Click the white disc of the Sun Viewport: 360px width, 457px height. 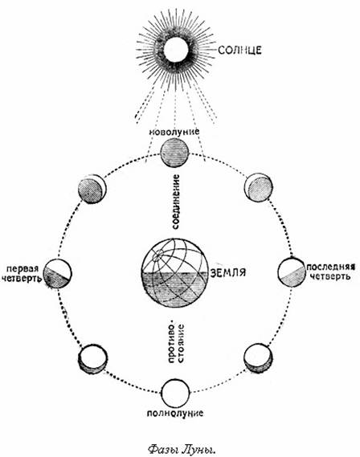(x=175, y=50)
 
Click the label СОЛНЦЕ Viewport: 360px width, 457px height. (x=239, y=50)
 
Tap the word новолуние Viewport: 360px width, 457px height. (x=174, y=132)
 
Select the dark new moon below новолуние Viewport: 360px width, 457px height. (x=174, y=153)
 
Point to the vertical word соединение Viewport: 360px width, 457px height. (x=176, y=202)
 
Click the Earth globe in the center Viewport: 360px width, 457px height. (x=174, y=272)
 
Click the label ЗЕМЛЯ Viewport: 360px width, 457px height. (x=228, y=272)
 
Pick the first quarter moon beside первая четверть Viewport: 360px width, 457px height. (x=57, y=273)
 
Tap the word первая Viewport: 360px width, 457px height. (x=22, y=268)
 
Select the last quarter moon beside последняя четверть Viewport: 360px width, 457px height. (x=292, y=272)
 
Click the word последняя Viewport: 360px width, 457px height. (x=330, y=267)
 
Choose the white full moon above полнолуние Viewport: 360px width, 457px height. (x=175, y=394)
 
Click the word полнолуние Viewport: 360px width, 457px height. (x=175, y=414)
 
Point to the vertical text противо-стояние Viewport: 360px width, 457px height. (x=176, y=342)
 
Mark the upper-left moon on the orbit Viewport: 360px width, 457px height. (x=92, y=190)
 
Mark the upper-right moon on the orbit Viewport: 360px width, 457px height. (x=258, y=187)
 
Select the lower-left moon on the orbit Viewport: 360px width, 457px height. (x=92, y=358)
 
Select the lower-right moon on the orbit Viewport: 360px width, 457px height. (x=258, y=358)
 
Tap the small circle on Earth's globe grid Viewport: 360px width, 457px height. (x=157, y=257)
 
